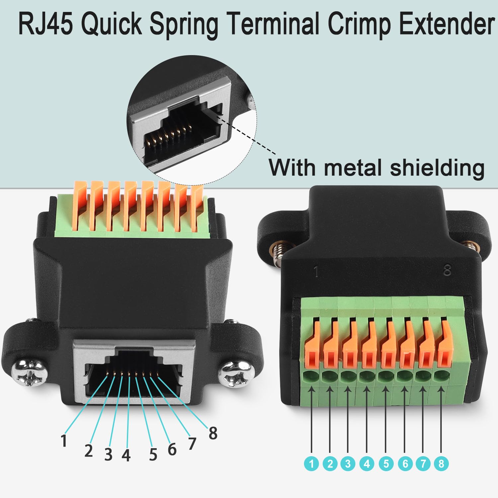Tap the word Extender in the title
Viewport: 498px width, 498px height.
pyautogui.click(x=447, y=24)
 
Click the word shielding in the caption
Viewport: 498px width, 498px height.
pyautogui.click(x=437, y=168)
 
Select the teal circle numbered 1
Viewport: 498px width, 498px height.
pyautogui.click(x=311, y=463)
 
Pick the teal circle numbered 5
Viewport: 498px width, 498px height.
pyautogui.click(x=386, y=463)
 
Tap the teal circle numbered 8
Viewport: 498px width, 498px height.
pyautogui.click(x=441, y=463)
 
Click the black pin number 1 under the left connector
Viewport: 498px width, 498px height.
pyautogui.click(x=64, y=441)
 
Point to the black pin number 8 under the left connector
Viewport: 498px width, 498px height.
pyautogui.click(x=213, y=433)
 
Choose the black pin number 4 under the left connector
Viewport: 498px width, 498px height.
pyautogui.click(x=126, y=455)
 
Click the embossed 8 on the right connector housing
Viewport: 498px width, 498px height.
pyautogui.click(x=447, y=271)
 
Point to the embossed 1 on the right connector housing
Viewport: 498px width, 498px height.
pyautogui.click(x=316, y=271)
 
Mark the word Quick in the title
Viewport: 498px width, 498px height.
pyautogui.click(x=112, y=24)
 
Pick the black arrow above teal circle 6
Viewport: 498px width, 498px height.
pyautogui.click(x=404, y=420)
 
